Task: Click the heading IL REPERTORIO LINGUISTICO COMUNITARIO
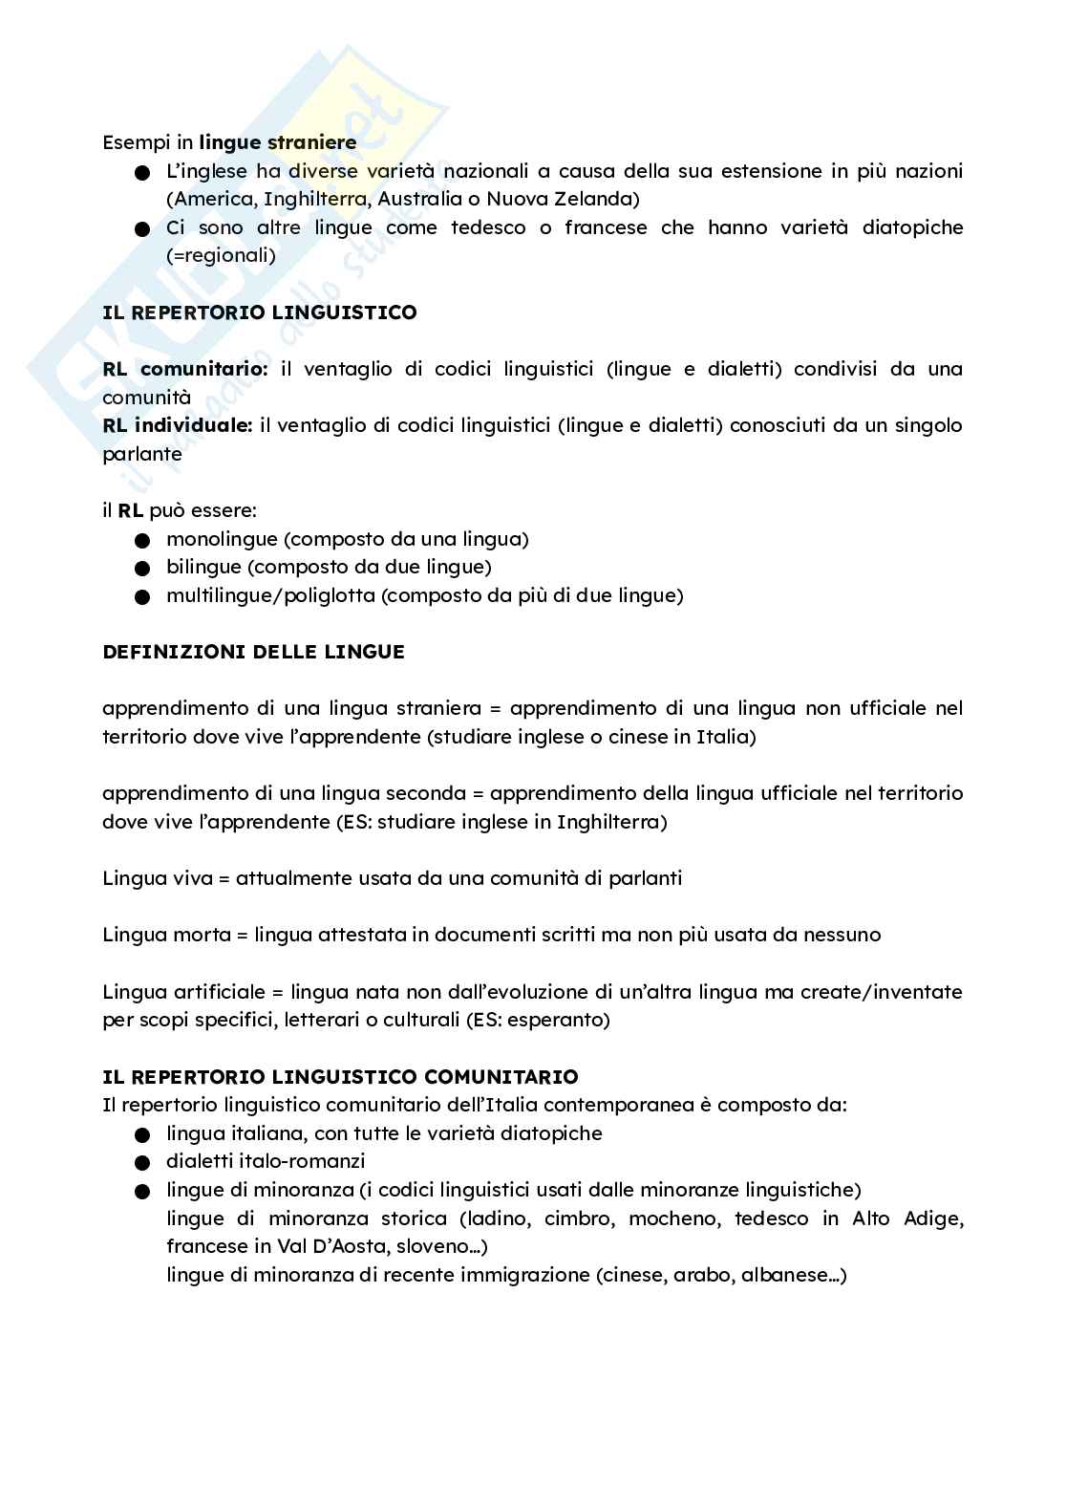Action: click(x=340, y=1077)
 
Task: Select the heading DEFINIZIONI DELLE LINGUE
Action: click(x=253, y=652)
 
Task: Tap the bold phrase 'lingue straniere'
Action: click(x=278, y=142)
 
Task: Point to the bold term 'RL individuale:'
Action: click(x=178, y=425)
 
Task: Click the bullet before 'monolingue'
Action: click(x=143, y=540)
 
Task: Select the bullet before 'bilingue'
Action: click(x=143, y=569)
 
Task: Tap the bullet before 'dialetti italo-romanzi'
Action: click(x=143, y=1163)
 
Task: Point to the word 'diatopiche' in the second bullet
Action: click(x=912, y=227)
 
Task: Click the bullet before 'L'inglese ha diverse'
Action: click(x=143, y=173)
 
